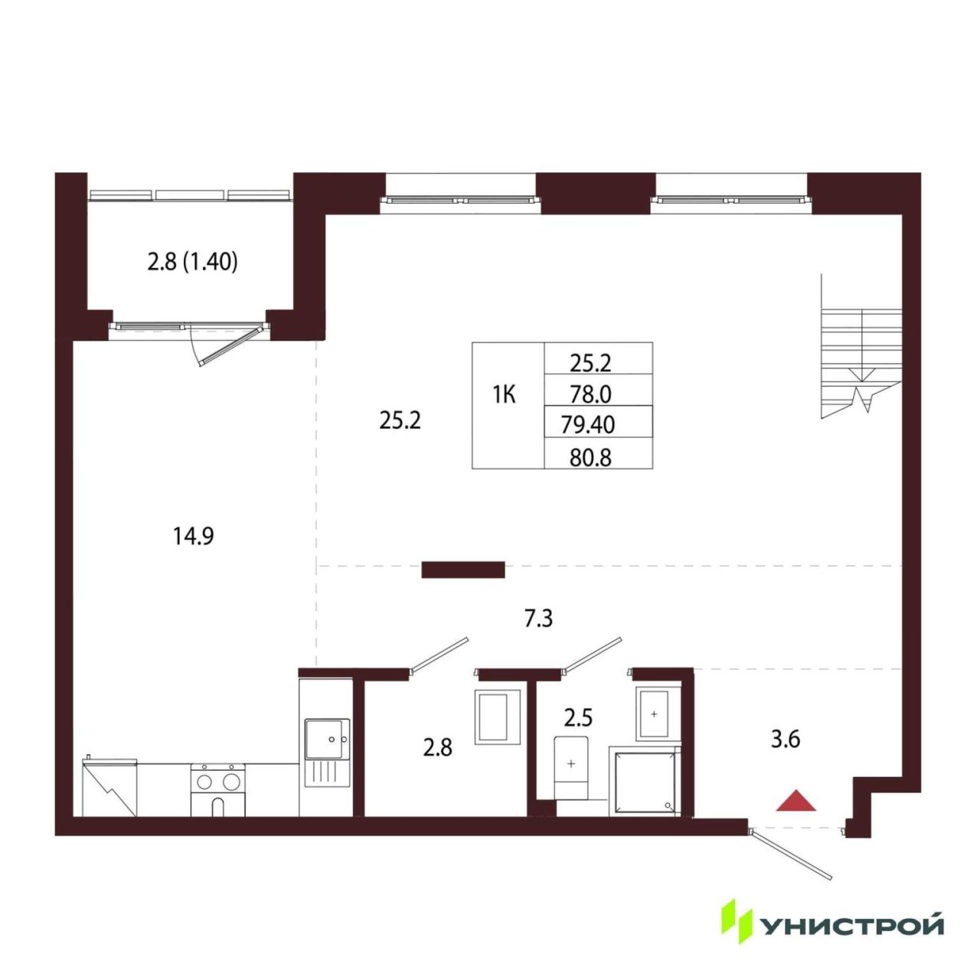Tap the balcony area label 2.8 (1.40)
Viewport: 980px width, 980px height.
pyautogui.click(x=193, y=262)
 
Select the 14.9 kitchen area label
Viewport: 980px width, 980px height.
pyautogui.click(x=193, y=536)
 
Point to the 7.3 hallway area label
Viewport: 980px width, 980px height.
pyautogui.click(x=538, y=619)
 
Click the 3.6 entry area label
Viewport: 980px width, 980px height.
pyautogui.click(x=786, y=740)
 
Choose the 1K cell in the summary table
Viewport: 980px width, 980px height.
pyautogui.click(x=504, y=394)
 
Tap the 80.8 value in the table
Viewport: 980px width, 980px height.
pyautogui.click(x=590, y=458)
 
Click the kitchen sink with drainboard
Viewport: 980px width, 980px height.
pyautogui.click(x=327, y=753)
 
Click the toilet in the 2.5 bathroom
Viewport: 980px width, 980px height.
pyautogui.click(x=571, y=769)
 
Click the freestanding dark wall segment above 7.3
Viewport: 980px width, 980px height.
pyautogui.click(x=462, y=570)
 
